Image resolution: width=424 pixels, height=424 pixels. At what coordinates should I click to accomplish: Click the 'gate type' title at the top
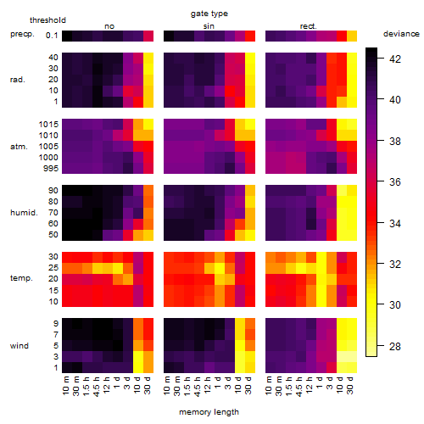pos(209,14)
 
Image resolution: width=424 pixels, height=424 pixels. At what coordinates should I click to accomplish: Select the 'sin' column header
pos(209,26)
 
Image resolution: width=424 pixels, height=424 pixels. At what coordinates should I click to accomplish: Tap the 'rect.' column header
pos(309,26)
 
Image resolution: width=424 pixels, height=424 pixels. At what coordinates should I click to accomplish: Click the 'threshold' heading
pos(47,20)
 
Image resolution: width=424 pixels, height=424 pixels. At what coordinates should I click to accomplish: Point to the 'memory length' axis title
pos(209,412)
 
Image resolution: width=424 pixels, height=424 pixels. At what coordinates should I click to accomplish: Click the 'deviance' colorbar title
pos(401,34)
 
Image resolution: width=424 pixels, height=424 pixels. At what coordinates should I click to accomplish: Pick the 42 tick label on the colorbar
pos(395,59)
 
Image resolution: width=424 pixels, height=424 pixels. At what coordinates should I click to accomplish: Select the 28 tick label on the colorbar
pos(395,346)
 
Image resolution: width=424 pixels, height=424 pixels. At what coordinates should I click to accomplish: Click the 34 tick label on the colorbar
pos(395,224)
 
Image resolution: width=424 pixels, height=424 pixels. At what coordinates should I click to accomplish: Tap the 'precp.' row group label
pos(22,34)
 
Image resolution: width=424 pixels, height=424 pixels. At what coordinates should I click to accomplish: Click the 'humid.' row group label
pos(24,212)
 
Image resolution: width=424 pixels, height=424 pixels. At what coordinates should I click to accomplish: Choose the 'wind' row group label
pos(20,345)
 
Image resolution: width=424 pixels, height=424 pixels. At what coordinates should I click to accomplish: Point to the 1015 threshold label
pos(48,124)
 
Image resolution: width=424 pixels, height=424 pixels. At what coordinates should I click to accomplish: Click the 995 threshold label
pos(51,168)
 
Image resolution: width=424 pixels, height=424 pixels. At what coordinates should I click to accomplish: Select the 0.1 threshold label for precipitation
pos(52,36)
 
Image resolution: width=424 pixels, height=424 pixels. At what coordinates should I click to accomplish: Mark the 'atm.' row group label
pos(19,147)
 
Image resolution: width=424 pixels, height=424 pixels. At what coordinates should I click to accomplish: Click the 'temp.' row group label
pos(21,278)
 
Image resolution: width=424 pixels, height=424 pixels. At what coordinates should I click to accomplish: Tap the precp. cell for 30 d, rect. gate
pos(352,36)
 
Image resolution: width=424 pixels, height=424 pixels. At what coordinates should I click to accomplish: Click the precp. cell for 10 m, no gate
pos(67,36)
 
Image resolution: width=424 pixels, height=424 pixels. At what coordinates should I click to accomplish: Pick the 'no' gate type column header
pos(109,26)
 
